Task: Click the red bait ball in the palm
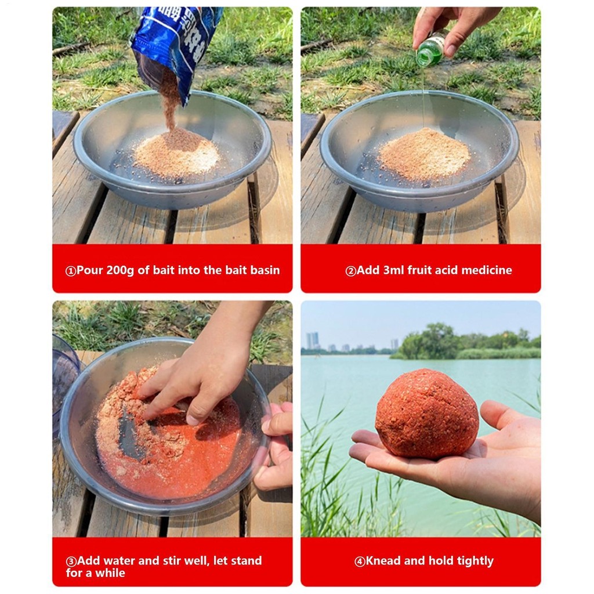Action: pos(427,414)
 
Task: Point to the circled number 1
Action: pos(71,271)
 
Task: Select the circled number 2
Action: pos(351,271)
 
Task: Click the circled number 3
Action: pos(71,561)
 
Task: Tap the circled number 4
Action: pos(360,561)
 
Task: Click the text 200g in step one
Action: pos(119,270)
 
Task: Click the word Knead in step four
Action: pos(383,561)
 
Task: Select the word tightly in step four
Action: pos(475,561)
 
